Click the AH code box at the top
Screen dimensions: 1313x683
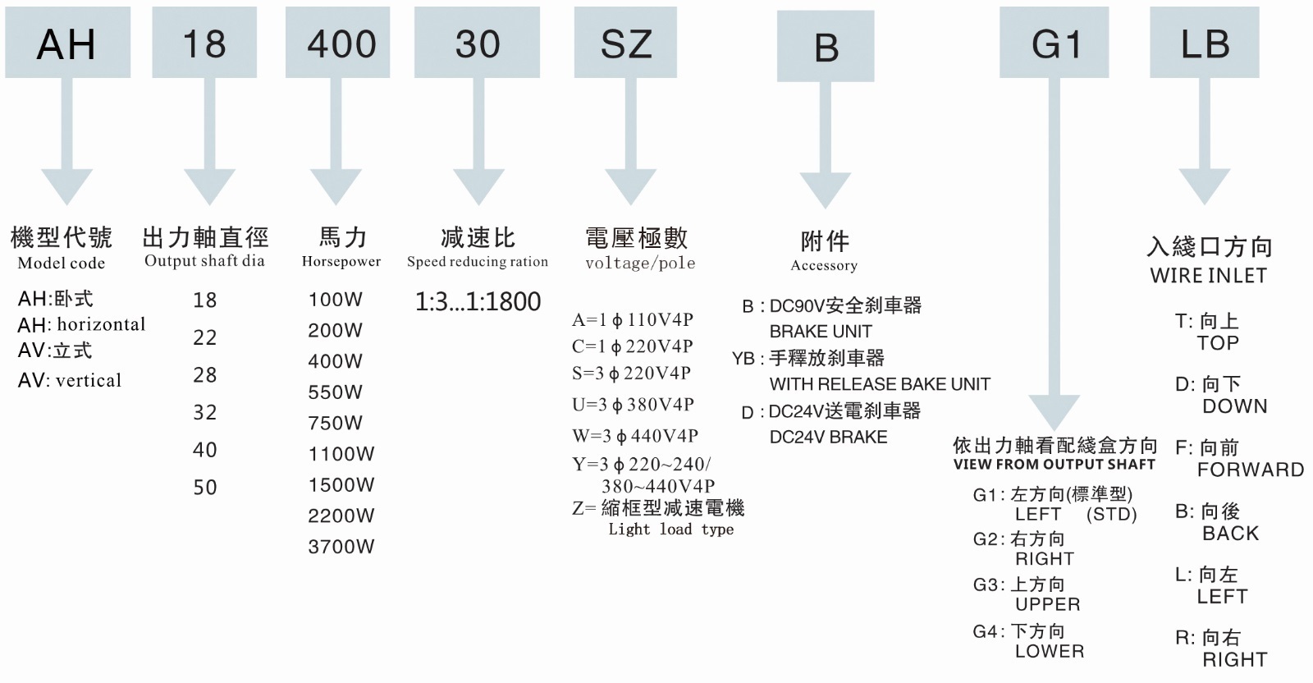(67, 42)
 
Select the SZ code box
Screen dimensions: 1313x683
(625, 42)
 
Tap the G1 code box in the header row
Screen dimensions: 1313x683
(1054, 42)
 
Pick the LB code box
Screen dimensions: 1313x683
(1205, 42)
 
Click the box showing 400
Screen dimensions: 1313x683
(337, 42)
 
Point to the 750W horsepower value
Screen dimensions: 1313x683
(336, 423)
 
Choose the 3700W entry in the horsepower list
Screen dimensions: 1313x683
(341, 547)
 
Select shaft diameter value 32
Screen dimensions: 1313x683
(205, 413)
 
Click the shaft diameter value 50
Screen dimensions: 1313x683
(205, 487)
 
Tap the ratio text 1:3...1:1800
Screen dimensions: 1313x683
(478, 301)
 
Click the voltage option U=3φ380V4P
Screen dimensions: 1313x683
(633, 405)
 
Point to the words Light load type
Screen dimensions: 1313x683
(671, 529)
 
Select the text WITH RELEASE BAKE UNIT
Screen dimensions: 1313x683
(880, 384)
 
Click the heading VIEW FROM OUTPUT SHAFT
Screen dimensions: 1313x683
(1054, 465)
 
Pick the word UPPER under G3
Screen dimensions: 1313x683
(1047, 604)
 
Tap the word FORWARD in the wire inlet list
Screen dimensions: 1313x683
(1251, 470)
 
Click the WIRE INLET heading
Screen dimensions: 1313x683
(1208, 276)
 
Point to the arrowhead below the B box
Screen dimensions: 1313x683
(826, 190)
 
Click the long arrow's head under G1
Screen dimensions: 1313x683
(1054, 413)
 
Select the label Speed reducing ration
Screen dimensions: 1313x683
(478, 262)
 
